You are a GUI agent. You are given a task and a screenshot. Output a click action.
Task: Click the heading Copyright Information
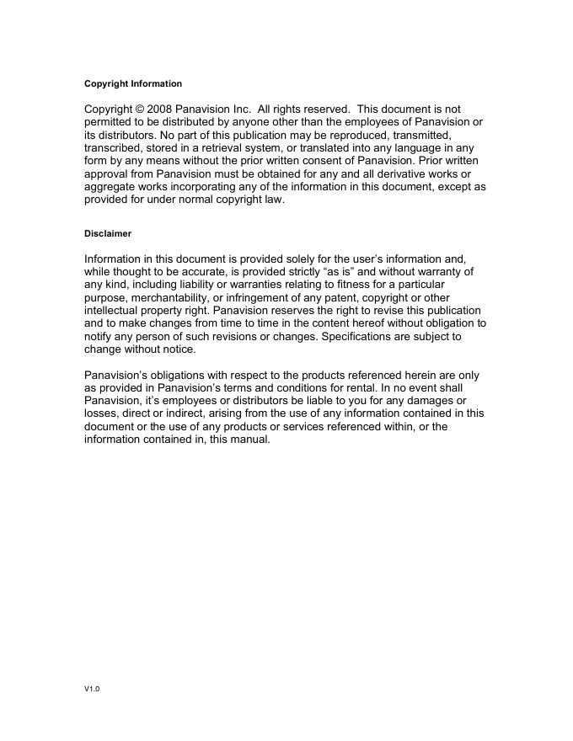pos(133,84)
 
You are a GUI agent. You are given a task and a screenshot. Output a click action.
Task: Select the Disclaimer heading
pos(108,233)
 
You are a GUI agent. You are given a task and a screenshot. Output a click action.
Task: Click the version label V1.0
pos(92,690)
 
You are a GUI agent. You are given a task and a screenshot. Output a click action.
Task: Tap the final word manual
pos(250,440)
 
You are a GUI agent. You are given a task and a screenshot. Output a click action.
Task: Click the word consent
pos(285,161)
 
